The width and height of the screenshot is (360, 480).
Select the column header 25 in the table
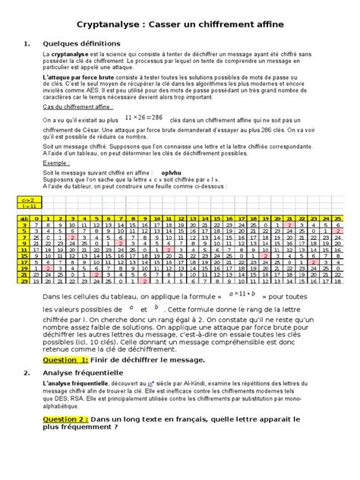[335, 218]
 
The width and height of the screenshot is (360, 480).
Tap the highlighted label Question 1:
[66, 339]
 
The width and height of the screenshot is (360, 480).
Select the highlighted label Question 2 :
[67, 418]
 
